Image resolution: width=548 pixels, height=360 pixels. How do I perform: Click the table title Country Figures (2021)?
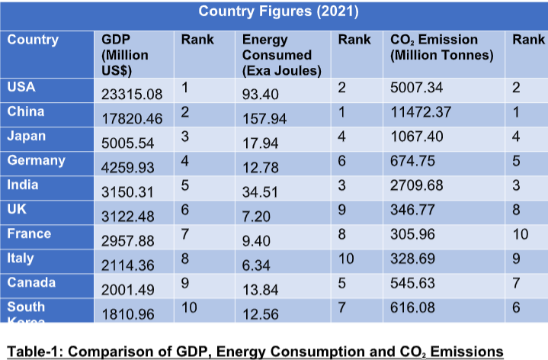pyautogui.click(x=278, y=12)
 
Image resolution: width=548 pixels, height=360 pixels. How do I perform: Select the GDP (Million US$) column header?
pyautogui.click(x=125, y=55)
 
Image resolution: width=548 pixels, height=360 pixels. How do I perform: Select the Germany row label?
pyautogui.click(x=36, y=160)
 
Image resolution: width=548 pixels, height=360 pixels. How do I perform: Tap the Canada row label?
pyautogui.click(x=31, y=282)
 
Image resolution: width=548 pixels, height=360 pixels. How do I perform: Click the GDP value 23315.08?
pyautogui.click(x=133, y=95)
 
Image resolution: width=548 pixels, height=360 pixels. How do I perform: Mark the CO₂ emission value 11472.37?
pyautogui.click(x=421, y=112)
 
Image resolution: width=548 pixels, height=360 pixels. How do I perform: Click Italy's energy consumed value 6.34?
pyautogui.click(x=256, y=265)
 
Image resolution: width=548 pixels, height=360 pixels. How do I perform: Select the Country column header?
pyautogui.click(x=33, y=40)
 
